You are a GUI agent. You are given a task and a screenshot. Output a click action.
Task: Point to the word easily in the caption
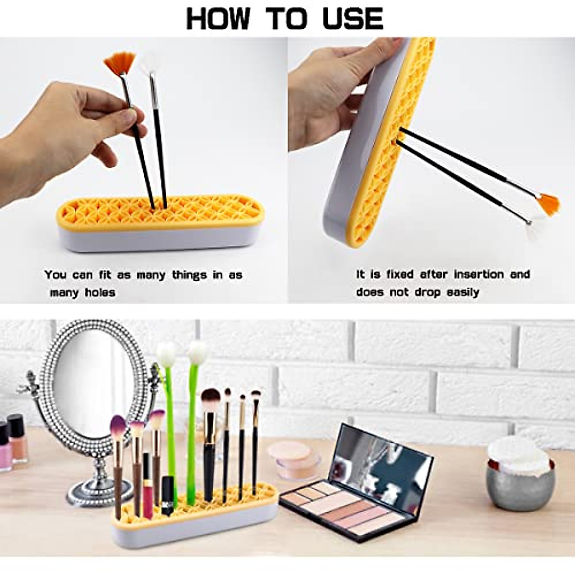coord(463,292)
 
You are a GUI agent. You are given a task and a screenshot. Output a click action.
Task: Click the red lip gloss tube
coord(148,484)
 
